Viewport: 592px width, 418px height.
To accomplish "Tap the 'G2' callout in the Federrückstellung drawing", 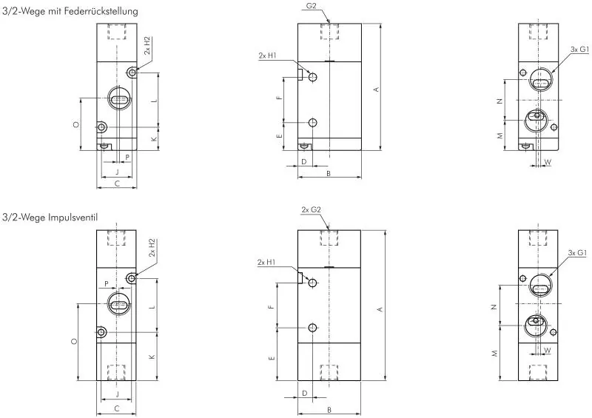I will click(x=312, y=6).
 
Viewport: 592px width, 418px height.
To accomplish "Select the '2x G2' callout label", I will click(x=311, y=210).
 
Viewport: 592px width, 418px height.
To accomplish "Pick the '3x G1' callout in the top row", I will click(x=579, y=49).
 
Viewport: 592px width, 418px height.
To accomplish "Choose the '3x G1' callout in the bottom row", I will click(x=577, y=254).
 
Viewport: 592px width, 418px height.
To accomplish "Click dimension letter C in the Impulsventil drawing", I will click(x=116, y=408).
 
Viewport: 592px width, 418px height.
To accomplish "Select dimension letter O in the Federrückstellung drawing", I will click(x=76, y=125).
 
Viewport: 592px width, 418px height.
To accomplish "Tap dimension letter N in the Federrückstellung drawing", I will click(x=500, y=101).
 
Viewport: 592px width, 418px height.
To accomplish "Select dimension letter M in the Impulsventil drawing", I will click(x=494, y=354).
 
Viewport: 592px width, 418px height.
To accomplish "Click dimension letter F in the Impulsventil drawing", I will click(x=272, y=306).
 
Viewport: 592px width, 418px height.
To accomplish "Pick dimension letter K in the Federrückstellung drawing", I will click(x=154, y=139).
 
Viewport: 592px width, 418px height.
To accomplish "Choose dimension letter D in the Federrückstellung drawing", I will click(x=303, y=161).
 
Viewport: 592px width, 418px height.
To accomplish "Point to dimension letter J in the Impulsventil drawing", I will click(x=116, y=395).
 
